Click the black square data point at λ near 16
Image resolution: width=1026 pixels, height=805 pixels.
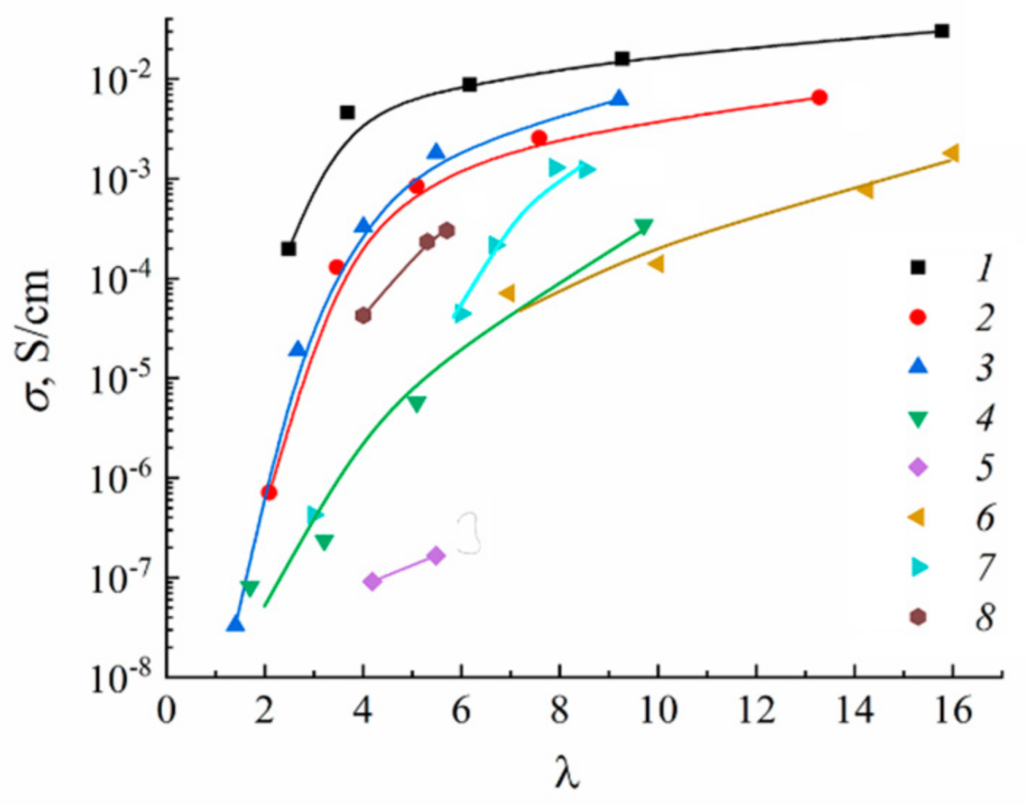click(x=941, y=31)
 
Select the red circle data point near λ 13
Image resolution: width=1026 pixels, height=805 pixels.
click(x=819, y=97)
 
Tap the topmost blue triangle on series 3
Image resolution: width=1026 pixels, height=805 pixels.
click(x=619, y=98)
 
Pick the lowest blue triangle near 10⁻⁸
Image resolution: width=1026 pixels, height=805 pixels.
click(x=235, y=624)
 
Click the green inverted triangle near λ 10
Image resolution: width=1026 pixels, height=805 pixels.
click(x=644, y=227)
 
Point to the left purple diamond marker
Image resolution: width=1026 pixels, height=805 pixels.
click(x=372, y=581)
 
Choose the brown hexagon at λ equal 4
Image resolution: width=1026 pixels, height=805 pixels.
click(x=363, y=315)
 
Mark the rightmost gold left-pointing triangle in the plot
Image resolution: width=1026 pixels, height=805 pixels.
click(x=951, y=153)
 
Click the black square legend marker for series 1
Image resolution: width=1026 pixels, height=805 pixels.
click(x=918, y=268)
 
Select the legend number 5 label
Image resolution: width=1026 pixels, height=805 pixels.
click(x=984, y=467)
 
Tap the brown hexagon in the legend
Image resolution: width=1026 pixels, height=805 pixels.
click(x=918, y=617)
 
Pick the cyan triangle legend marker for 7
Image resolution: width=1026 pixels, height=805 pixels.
click(x=920, y=567)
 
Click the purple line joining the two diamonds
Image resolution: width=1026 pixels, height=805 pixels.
click(x=404, y=569)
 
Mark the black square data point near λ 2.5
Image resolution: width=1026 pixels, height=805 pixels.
click(x=289, y=249)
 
